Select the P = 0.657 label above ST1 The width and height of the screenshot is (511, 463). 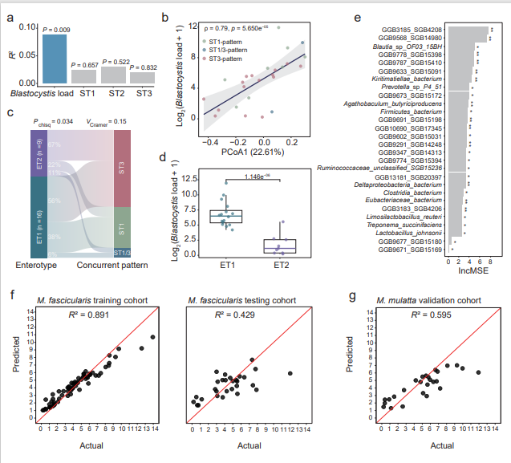(83, 64)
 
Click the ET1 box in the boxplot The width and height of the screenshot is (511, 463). (226, 216)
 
